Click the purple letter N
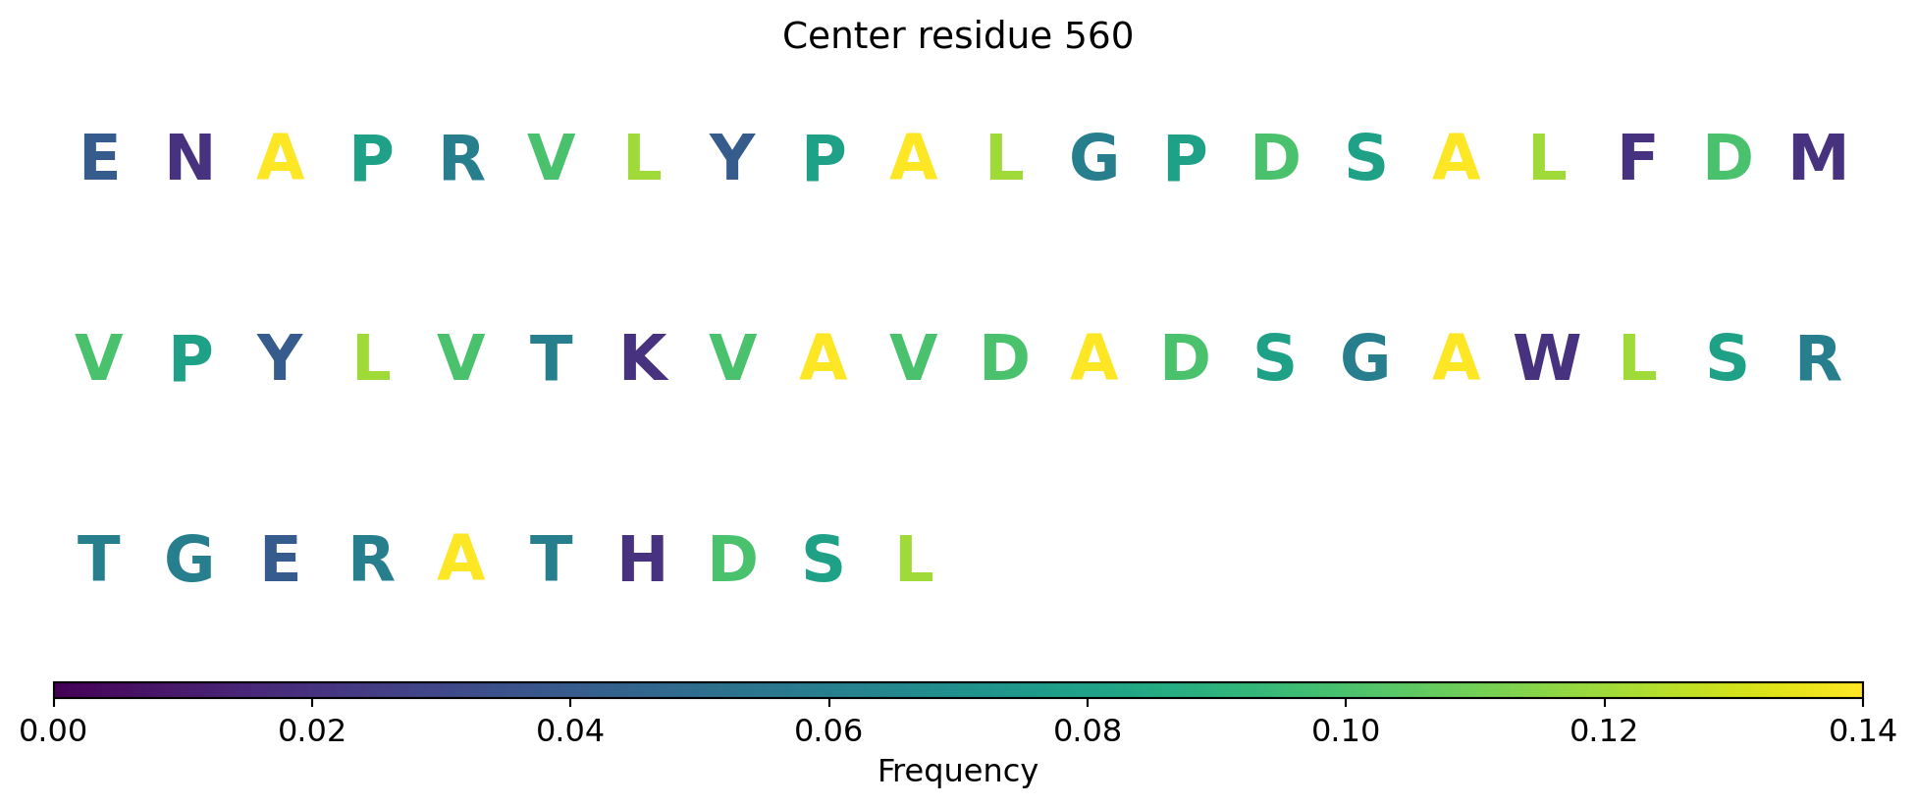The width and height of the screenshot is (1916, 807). pos(189,159)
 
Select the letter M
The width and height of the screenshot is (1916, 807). pos(1818,159)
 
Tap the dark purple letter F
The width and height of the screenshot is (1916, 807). pos(1637,159)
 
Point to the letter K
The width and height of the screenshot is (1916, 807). pos(643,359)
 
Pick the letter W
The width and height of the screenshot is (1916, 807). pos(1547,359)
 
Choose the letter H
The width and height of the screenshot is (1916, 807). pos(643,561)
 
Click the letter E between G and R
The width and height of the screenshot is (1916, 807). pos(281,561)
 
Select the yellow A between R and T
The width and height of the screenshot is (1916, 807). pos(461,559)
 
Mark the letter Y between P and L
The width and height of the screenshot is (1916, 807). pos(280,359)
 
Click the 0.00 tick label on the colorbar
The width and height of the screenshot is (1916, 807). pos(53,731)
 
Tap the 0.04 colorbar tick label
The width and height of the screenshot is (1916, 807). pos(570,731)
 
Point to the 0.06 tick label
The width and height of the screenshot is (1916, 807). pos(828,731)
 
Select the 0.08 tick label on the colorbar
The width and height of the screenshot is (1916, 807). pos(1087,731)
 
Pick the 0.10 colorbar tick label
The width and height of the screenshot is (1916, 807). pos(1346,731)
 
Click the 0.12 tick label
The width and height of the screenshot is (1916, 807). pos(1604,731)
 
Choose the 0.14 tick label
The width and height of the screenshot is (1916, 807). pos(1862,731)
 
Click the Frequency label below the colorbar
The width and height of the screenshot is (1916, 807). pos(958,772)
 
